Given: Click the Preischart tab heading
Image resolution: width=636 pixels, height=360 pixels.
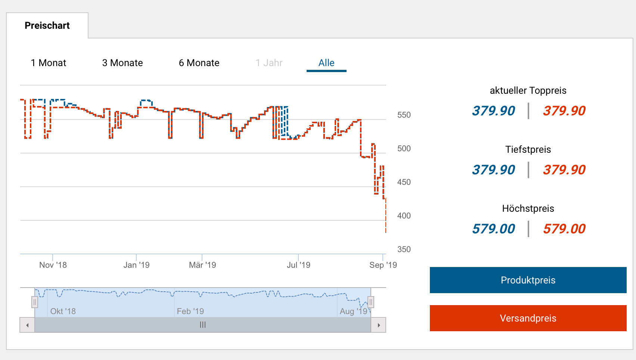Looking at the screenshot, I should pyautogui.click(x=47, y=25).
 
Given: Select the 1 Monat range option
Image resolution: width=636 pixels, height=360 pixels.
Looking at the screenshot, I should pyautogui.click(x=49, y=63).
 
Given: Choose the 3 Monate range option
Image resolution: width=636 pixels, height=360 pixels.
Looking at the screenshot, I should pyautogui.click(x=122, y=63).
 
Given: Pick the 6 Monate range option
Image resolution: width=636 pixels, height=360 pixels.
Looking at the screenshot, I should pyautogui.click(x=199, y=63).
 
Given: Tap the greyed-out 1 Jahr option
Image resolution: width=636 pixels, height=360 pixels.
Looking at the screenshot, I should pyautogui.click(x=269, y=63).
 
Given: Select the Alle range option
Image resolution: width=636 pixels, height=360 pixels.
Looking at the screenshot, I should pyautogui.click(x=326, y=63).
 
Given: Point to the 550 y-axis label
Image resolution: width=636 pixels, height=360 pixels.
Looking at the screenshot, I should pyautogui.click(x=404, y=115).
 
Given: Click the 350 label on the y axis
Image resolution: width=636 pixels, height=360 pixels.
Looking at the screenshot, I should pyautogui.click(x=404, y=249).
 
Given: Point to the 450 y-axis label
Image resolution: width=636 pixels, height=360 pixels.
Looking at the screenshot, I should pyautogui.click(x=404, y=182).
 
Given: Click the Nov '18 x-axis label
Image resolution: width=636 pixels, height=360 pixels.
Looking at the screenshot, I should pyautogui.click(x=53, y=265).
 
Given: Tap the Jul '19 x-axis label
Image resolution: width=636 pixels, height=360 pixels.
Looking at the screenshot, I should pyautogui.click(x=298, y=265).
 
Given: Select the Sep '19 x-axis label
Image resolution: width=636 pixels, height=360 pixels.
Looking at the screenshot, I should pyautogui.click(x=383, y=265).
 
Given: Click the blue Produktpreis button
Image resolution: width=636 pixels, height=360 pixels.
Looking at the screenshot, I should pyautogui.click(x=528, y=280).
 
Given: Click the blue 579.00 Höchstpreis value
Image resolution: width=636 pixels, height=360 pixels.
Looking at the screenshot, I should pyautogui.click(x=493, y=229).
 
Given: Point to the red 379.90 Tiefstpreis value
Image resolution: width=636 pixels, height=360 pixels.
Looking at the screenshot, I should pyautogui.click(x=564, y=170).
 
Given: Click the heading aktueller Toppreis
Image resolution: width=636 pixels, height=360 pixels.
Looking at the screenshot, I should pyautogui.click(x=528, y=90).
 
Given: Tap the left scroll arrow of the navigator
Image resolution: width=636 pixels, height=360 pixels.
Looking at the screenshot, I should pyautogui.click(x=27, y=325).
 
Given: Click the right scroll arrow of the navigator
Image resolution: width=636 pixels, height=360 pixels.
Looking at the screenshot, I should pyautogui.click(x=378, y=325).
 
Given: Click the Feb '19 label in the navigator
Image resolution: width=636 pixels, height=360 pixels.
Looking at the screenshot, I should pyautogui.click(x=190, y=311).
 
